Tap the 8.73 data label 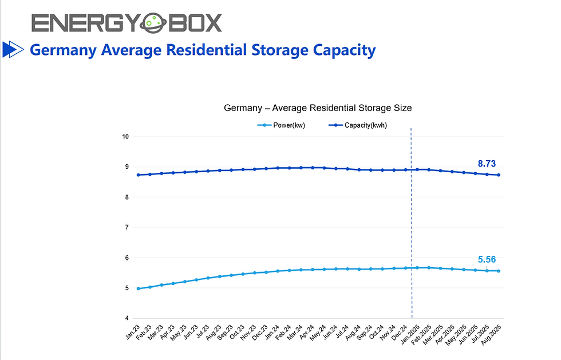486,164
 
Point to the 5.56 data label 486,259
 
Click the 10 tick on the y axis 125,137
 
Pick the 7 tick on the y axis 126,228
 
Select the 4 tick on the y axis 126,318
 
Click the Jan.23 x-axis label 133,333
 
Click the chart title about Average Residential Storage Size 318,108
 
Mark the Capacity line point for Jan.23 139,175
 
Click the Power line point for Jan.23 139,288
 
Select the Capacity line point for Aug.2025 499,175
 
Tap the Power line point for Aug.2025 499,271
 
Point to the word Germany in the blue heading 61,50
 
